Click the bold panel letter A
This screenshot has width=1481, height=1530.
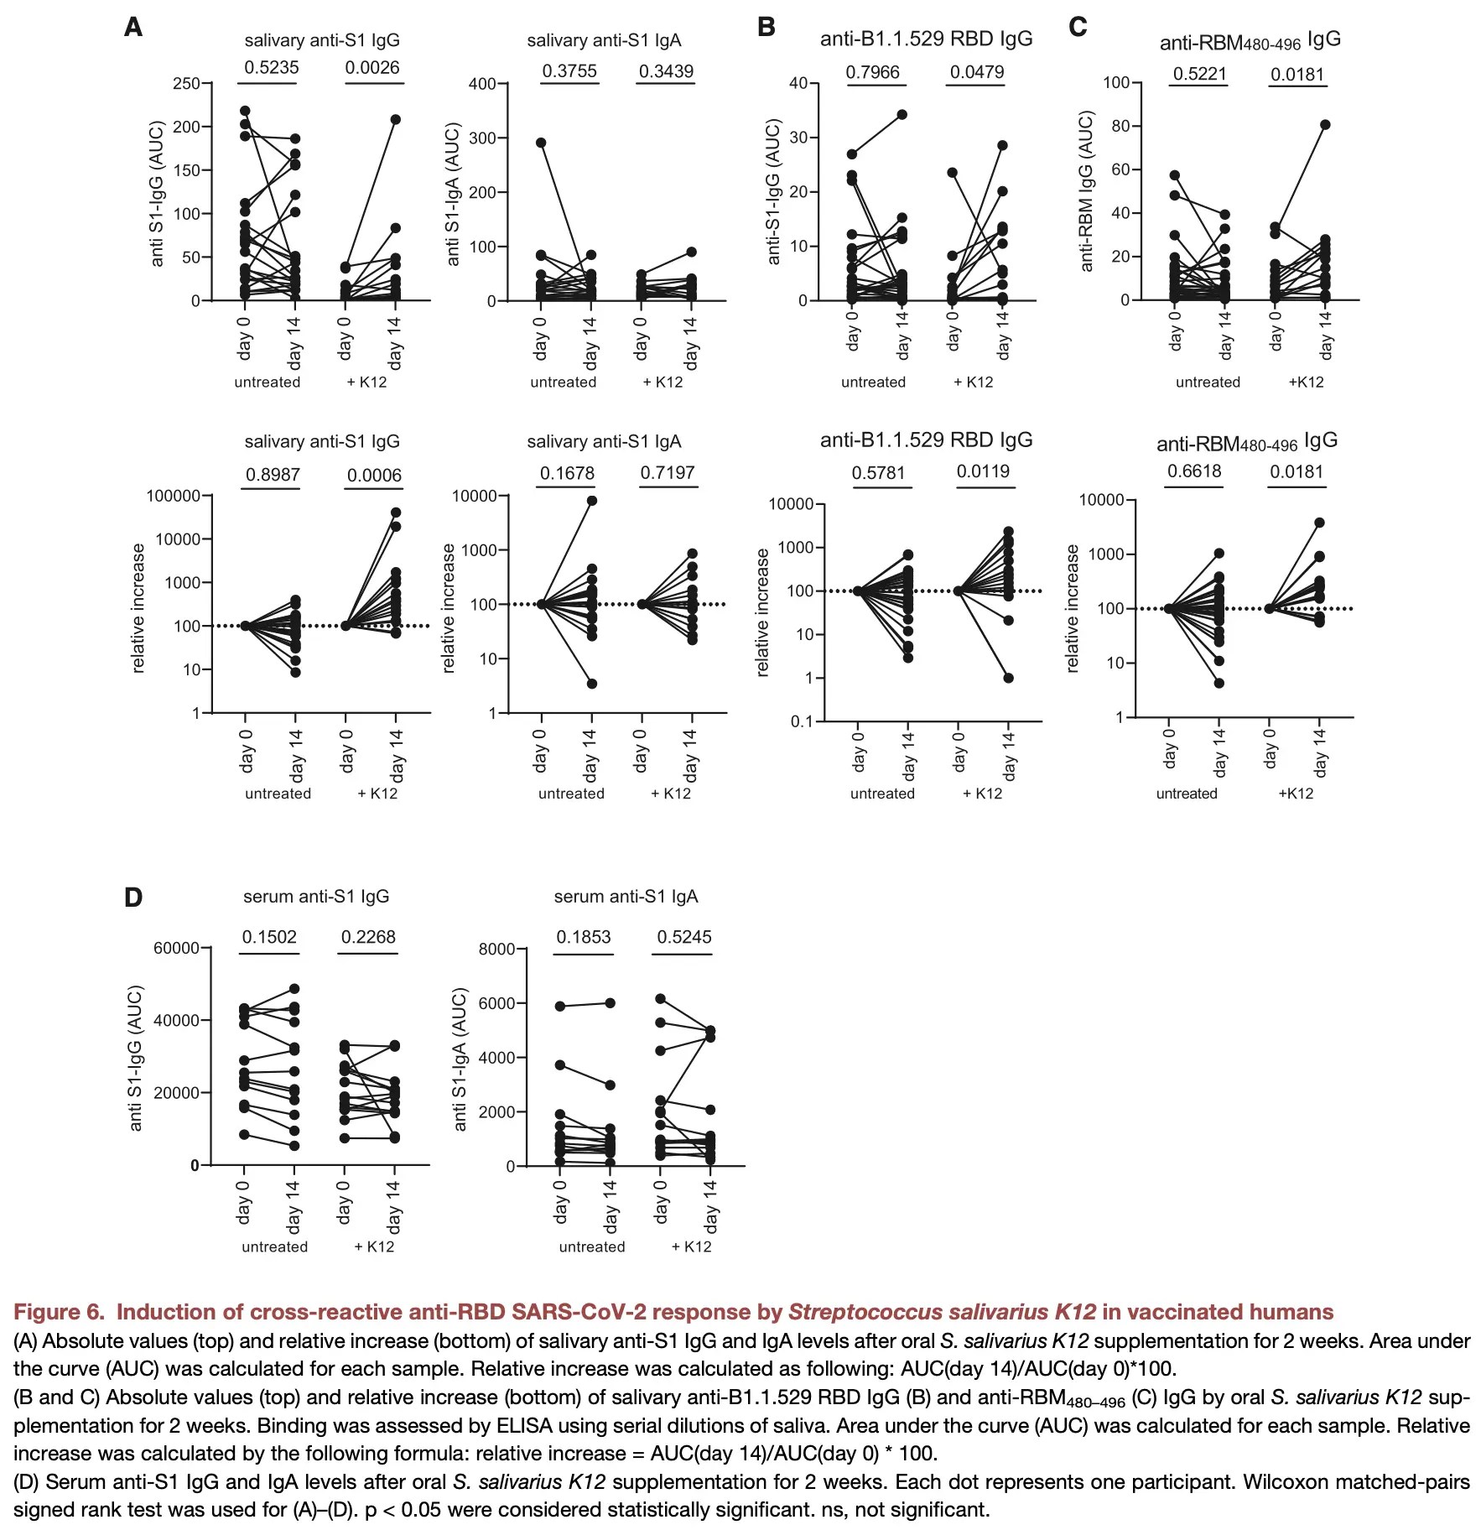point(133,28)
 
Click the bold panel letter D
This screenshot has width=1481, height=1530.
point(133,898)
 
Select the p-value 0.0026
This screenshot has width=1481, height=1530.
point(372,68)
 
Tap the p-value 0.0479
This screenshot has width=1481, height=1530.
point(976,72)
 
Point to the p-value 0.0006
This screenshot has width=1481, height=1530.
point(374,476)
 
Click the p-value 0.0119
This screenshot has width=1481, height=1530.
point(983,471)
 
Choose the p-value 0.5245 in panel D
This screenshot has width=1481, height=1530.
point(684,937)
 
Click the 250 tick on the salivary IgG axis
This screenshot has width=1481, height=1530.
point(186,83)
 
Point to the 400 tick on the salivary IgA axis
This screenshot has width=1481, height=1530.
point(482,84)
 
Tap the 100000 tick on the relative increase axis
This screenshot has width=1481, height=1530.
point(174,496)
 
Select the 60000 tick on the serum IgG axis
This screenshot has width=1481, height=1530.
point(176,948)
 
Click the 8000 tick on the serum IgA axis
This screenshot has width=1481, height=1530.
point(496,949)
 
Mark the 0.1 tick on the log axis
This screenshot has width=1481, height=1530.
point(802,721)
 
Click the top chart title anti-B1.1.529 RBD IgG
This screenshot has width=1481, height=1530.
point(926,39)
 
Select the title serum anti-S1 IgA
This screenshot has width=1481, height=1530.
point(626,897)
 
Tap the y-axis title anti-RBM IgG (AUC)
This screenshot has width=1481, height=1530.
point(1087,191)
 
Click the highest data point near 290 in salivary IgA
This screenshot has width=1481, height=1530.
point(541,143)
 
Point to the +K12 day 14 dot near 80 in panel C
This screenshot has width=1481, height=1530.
point(1325,125)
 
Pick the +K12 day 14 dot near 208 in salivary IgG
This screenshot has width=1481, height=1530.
point(396,120)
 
